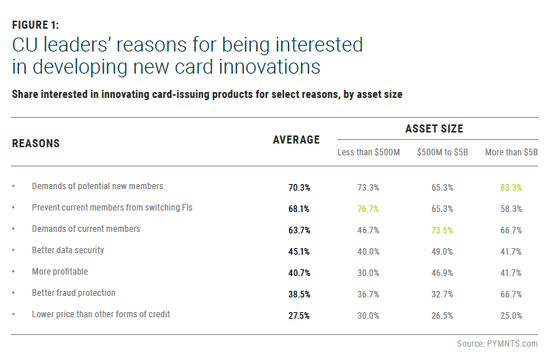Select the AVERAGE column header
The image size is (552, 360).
tap(296, 140)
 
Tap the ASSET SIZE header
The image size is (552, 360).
tap(434, 129)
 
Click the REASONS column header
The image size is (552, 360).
tap(36, 143)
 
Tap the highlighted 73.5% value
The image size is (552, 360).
tap(442, 230)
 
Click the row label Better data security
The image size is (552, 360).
tap(68, 250)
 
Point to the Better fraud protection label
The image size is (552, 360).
tap(74, 293)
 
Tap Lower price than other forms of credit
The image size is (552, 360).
tap(101, 314)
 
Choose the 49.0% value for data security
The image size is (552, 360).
tap(442, 251)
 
